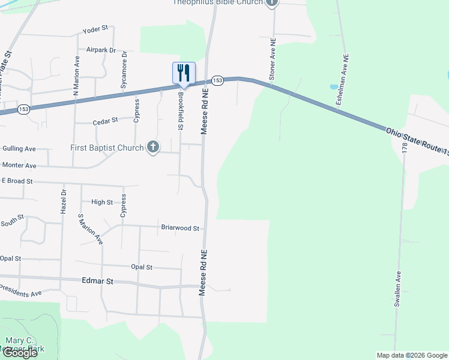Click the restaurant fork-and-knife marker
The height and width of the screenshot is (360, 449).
tap(184, 73)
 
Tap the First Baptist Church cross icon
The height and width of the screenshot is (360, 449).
tap(153, 147)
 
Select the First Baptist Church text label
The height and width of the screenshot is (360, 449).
tap(107, 148)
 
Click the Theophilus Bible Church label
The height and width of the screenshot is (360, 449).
tap(218, 2)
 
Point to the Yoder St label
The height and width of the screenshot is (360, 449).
tap(96, 28)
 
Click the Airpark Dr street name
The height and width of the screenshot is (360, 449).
tap(101, 50)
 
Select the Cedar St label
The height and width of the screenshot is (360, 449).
tap(105, 122)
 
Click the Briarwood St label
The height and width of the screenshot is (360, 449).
tap(180, 227)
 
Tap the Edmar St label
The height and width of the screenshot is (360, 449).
tap(97, 281)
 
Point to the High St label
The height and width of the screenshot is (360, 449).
tap(102, 202)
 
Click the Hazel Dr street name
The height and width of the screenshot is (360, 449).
tap(62, 202)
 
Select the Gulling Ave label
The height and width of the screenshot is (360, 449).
tap(19, 148)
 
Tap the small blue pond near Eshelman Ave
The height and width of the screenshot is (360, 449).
tap(334, 87)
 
